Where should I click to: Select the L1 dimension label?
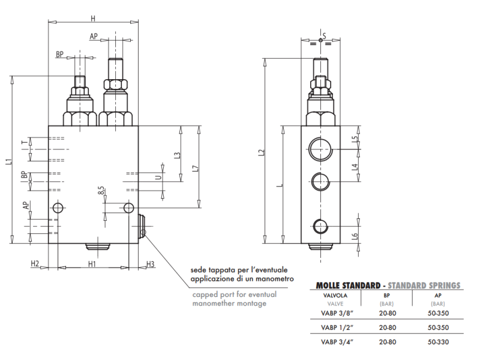(7, 161)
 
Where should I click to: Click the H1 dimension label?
(92, 263)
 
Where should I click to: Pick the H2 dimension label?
(35, 263)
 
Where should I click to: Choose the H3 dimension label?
(150, 263)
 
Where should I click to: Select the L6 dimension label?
(355, 236)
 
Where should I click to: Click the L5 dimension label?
(355, 140)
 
